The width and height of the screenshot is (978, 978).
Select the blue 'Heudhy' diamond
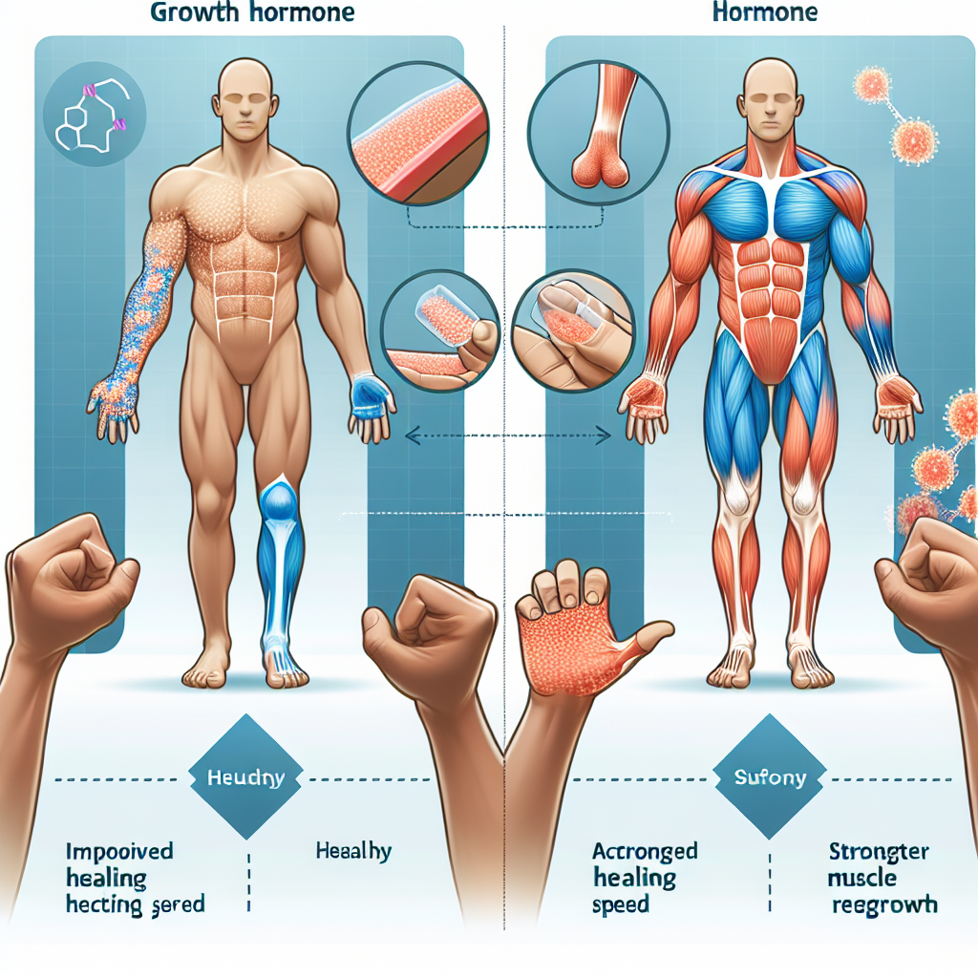coord(244,776)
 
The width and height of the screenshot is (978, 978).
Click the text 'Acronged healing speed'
coord(645,877)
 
